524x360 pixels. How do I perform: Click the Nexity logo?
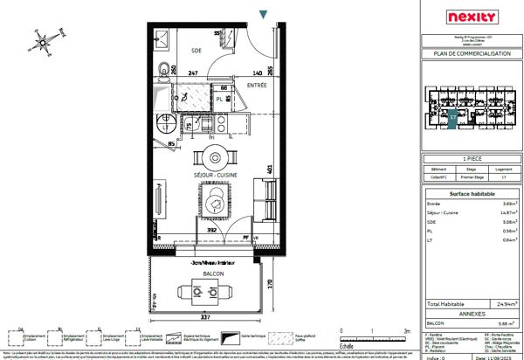pos(471,17)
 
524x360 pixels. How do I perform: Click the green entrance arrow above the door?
pos(264,13)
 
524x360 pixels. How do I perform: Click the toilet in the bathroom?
pos(162,69)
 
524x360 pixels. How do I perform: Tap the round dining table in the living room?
pos(217,158)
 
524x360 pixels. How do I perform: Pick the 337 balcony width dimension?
pos(203,319)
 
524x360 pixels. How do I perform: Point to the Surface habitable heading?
pos(471,193)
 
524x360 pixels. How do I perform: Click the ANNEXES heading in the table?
pos(471,312)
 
